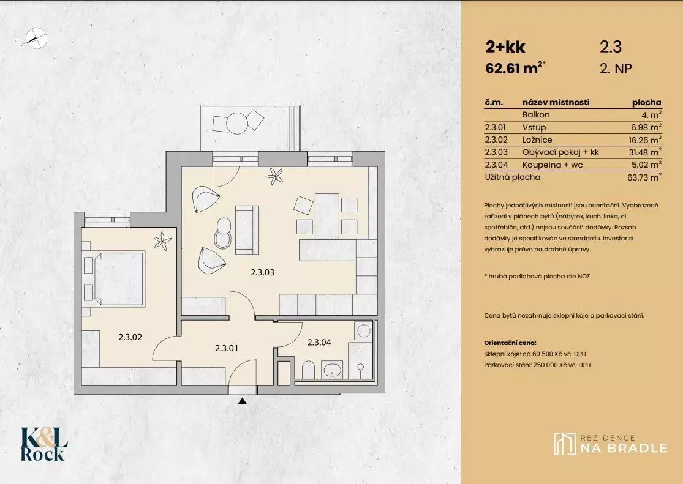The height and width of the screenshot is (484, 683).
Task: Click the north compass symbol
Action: [x=36, y=37]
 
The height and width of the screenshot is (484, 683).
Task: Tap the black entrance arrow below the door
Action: [x=243, y=401]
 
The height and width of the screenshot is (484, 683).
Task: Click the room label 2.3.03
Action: [x=262, y=273]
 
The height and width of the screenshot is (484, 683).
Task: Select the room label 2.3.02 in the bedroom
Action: [x=130, y=337]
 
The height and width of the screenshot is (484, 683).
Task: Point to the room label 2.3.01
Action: [x=227, y=348]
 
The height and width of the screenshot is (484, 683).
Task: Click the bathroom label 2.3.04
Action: [x=319, y=343]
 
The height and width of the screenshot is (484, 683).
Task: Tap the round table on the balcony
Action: [x=238, y=124]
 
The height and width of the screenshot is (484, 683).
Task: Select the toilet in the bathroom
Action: [x=308, y=370]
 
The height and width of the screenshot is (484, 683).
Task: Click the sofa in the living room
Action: [x=247, y=230]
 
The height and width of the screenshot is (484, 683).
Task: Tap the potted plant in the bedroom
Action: [x=162, y=240]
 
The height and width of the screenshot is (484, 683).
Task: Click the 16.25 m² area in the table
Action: [x=647, y=140]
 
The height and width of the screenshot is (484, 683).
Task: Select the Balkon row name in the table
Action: [x=536, y=115]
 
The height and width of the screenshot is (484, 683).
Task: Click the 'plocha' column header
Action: [x=646, y=103]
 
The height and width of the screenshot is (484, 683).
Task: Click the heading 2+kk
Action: [x=505, y=47]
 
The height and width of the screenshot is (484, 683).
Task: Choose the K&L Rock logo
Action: [x=45, y=444]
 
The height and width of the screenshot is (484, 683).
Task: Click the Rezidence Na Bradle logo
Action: [x=610, y=444]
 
